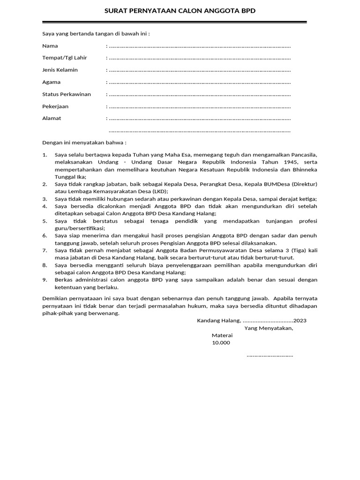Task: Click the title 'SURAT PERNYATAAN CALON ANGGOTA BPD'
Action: (x=180, y=11)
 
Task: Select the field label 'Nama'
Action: (x=50, y=46)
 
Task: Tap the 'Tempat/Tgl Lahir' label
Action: (x=65, y=58)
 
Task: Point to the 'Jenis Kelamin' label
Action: (x=60, y=70)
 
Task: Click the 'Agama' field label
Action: (x=52, y=82)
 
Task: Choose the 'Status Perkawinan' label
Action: (x=67, y=94)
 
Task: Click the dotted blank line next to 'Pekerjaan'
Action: (x=199, y=107)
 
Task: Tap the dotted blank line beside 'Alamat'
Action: (x=199, y=119)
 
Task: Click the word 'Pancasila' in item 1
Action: (x=304, y=155)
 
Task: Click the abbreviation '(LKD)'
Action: (x=159, y=192)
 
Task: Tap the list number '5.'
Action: (x=45, y=221)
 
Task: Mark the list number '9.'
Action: (x=45, y=280)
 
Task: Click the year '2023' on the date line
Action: (x=300, y=321)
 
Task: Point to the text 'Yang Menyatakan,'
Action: (x=269, y=328)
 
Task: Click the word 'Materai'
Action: (x=222, y=336)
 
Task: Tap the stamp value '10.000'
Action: (x=221, y=343)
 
